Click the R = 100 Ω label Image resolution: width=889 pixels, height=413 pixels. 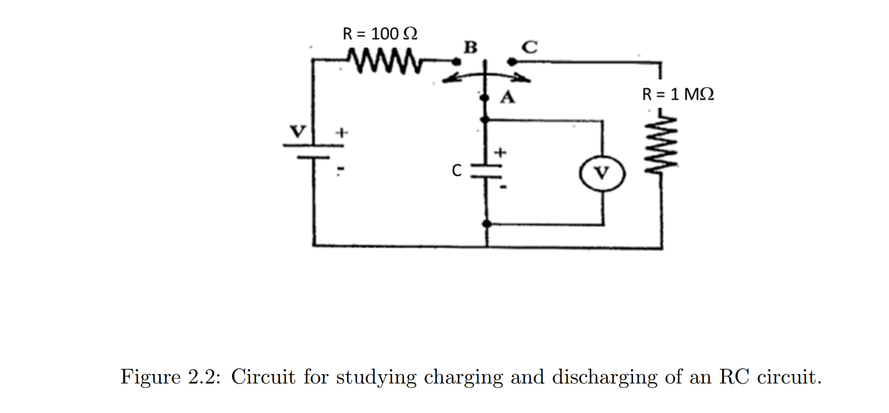(x=379, y=34)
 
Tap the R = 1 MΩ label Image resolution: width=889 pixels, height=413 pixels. (x=678, y=94)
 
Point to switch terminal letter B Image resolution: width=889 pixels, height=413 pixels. (x=470, y=47)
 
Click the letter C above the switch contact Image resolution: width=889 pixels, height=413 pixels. (x=529, y=47)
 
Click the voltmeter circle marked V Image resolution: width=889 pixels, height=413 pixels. (x=602, y=173)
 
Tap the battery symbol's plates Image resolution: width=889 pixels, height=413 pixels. (x=313, y=151)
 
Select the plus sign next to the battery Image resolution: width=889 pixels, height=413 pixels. (x=341, y=132)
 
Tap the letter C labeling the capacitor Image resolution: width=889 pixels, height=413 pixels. (x=457, y=171)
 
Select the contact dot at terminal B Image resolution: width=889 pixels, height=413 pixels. (x=457, y=62)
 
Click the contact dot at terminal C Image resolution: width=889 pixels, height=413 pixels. (x=512, y=62)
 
